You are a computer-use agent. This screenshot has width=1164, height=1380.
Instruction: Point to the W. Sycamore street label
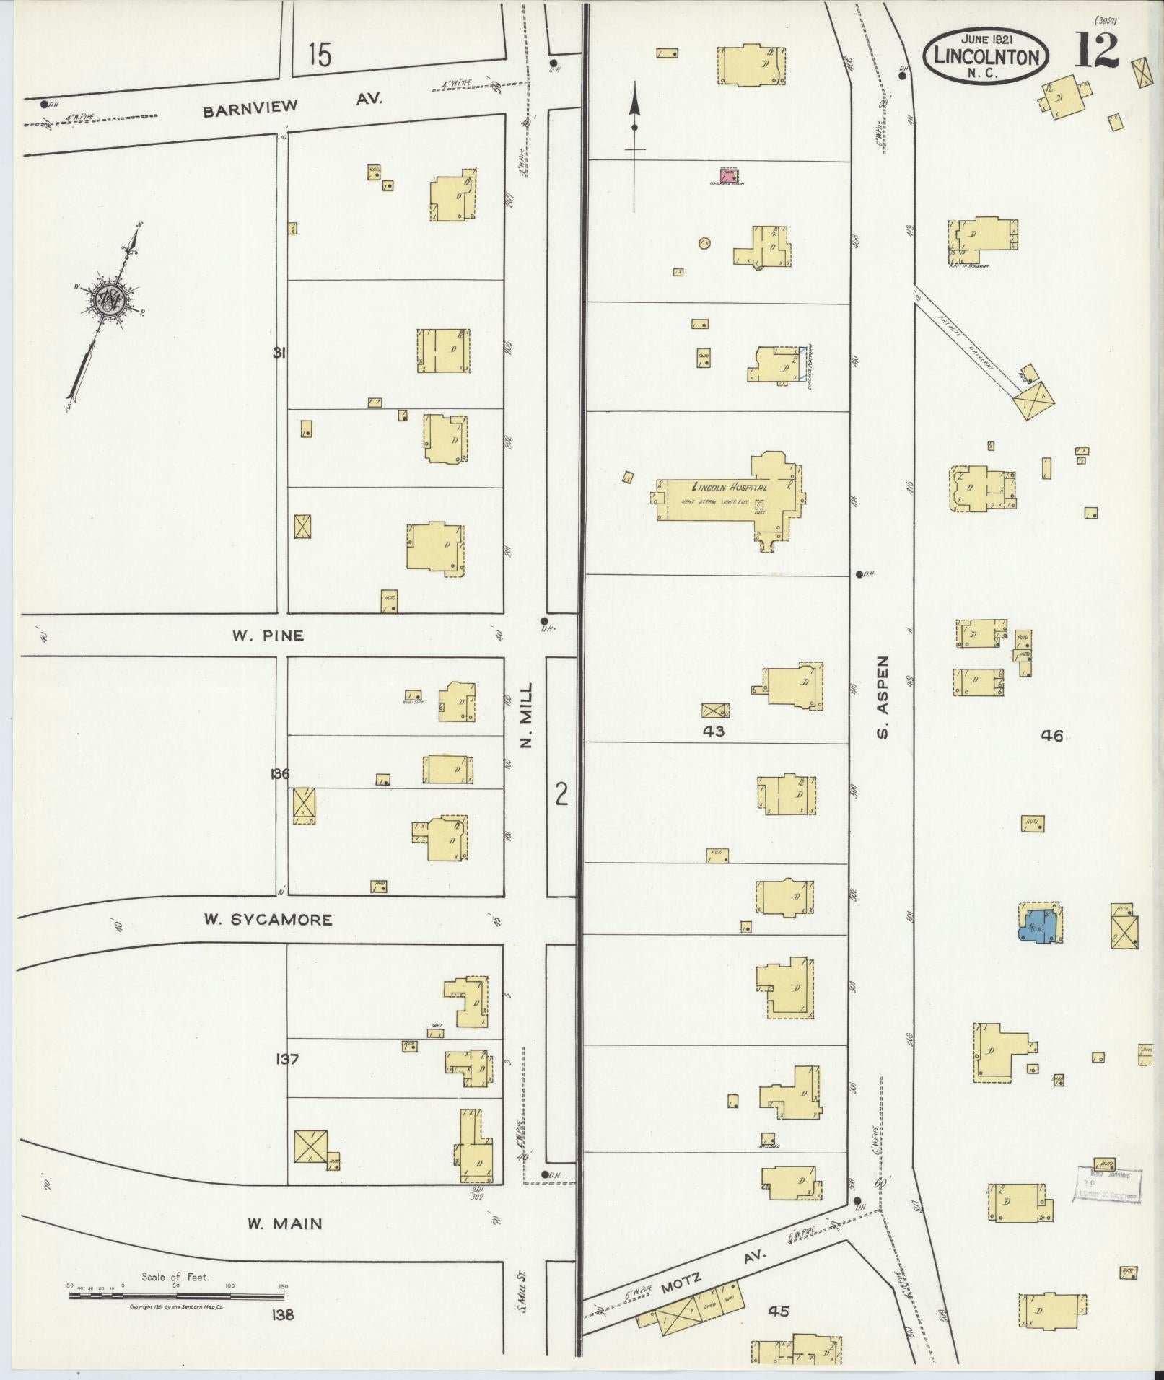click(268, 920)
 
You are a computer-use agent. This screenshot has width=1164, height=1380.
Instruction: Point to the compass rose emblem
click(108, 299)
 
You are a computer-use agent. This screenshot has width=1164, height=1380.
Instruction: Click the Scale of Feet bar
click(177, 1296)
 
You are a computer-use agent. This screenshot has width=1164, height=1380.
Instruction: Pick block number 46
click(1051, 736)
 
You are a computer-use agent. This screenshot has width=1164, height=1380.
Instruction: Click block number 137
click(287, 1059)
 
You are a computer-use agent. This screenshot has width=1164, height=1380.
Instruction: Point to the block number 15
click(318, 55)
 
